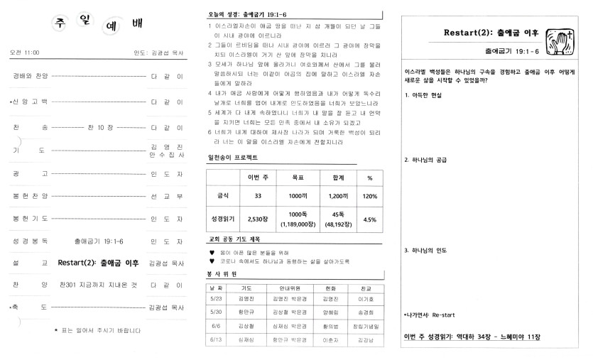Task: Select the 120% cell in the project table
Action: coord(369,195)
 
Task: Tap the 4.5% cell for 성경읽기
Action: coord(369,219)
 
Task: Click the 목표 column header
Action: coord(298,178)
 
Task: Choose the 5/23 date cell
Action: coord(216,300)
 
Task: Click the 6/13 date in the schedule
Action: coord(216,342)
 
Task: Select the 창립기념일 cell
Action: coord(366,327)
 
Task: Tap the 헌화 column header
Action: coord(326,288)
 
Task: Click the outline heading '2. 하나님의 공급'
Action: coord(426,160)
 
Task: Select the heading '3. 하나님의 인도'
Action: coord(426,251)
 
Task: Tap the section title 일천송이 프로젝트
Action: coord(232,156)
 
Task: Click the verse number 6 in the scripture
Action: coord(210,132)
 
